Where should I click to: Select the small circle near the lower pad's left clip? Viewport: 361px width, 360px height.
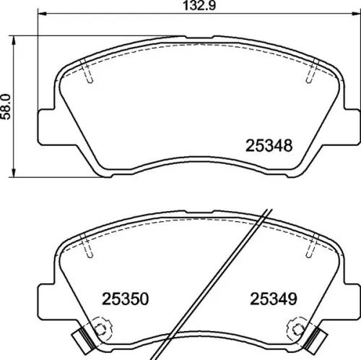coord(100,330)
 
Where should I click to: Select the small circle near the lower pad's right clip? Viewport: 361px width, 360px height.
coord(297,330)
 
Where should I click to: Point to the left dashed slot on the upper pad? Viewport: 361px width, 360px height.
coord(88,72)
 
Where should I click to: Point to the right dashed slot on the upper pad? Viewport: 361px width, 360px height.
coord(310,72)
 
